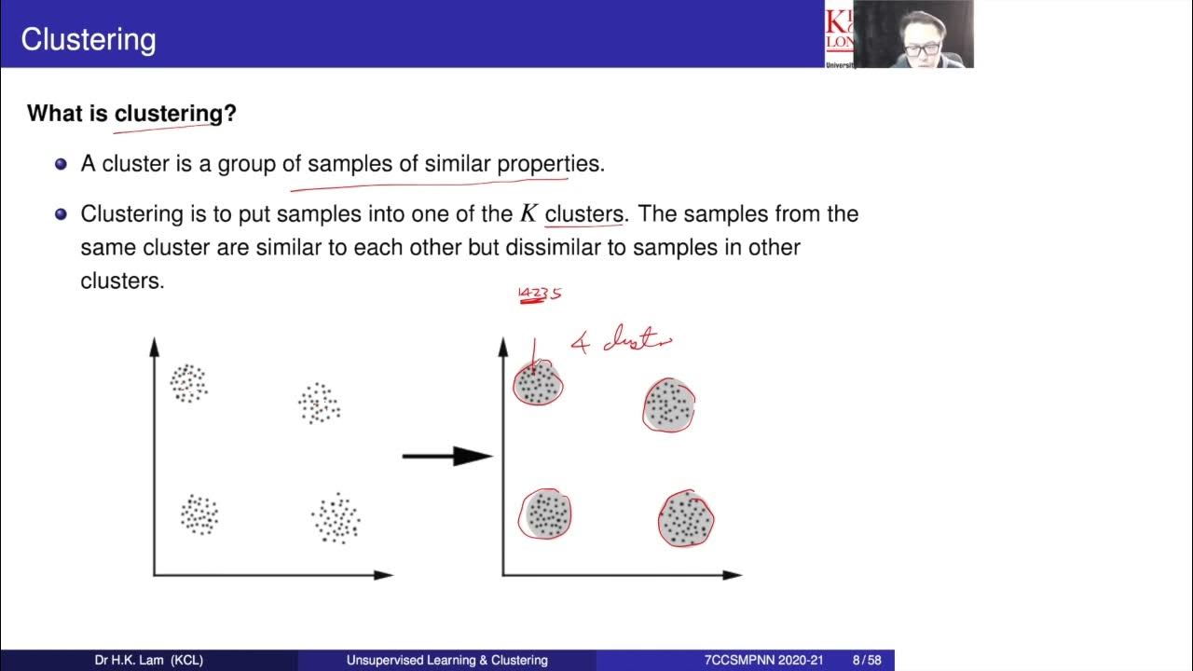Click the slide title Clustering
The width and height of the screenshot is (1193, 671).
coord(88,39)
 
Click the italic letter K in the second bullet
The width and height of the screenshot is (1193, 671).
coord(528,214)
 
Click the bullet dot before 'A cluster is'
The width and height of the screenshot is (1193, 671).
coord(62,164)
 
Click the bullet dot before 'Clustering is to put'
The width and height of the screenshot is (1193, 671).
coord(62,214)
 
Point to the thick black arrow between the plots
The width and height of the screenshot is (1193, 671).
coord(446,456)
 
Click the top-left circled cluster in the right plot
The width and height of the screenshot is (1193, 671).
coord(538,384)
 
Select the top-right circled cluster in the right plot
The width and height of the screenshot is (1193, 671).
coord(668,405)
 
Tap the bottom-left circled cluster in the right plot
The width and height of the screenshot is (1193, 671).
coord(545,514)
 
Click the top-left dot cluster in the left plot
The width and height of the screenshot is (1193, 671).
coord(188,383)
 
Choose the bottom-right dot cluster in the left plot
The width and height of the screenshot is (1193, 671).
coord(336,519)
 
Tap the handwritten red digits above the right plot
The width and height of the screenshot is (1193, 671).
coord(540,294)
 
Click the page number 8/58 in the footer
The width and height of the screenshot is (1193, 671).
coord(868,660)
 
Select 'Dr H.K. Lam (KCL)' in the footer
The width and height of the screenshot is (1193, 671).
coord(149,660)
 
